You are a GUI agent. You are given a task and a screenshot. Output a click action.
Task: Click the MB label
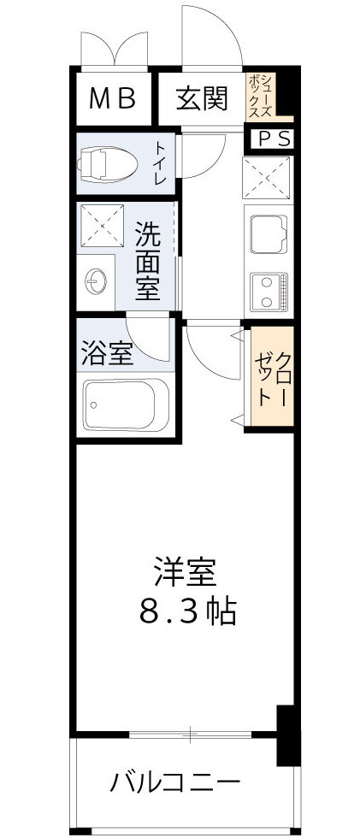point(114,100)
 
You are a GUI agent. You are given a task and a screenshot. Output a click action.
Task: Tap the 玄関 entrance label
point(202,100)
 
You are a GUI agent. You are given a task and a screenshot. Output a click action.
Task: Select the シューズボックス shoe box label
point(261,97)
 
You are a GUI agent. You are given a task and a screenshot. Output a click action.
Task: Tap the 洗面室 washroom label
point(148,260)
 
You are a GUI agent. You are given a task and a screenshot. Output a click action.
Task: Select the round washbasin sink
point(96,280)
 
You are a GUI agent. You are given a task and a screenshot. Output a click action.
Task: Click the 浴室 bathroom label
point(107,353)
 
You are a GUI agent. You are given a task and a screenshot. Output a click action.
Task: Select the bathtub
point(127,405)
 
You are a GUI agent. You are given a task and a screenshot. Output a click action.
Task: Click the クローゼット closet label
point(272,377)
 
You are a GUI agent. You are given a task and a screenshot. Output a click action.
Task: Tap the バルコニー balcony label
point(174,782)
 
